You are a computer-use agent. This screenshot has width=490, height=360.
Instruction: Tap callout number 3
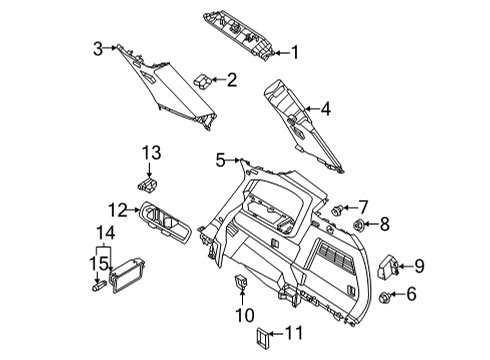[x=98, y=47]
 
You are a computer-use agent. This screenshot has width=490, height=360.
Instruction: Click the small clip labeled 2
[x=204, y=80]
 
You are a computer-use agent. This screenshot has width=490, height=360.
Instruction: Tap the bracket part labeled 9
[x=391, y=265]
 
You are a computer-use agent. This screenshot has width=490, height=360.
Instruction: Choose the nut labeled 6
[x=386, y=295]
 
